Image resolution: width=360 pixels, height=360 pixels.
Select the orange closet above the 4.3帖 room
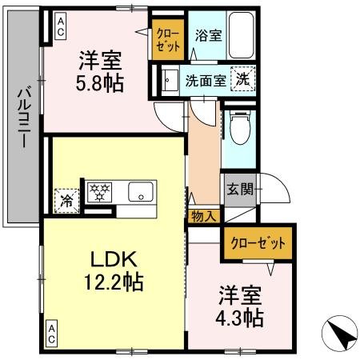tap(257, 244)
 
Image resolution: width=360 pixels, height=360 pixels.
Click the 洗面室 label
tap(204, 80)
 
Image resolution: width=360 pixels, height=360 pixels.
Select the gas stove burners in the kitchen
tap(102, 192)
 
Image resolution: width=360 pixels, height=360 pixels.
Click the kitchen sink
tap(141, 192)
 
